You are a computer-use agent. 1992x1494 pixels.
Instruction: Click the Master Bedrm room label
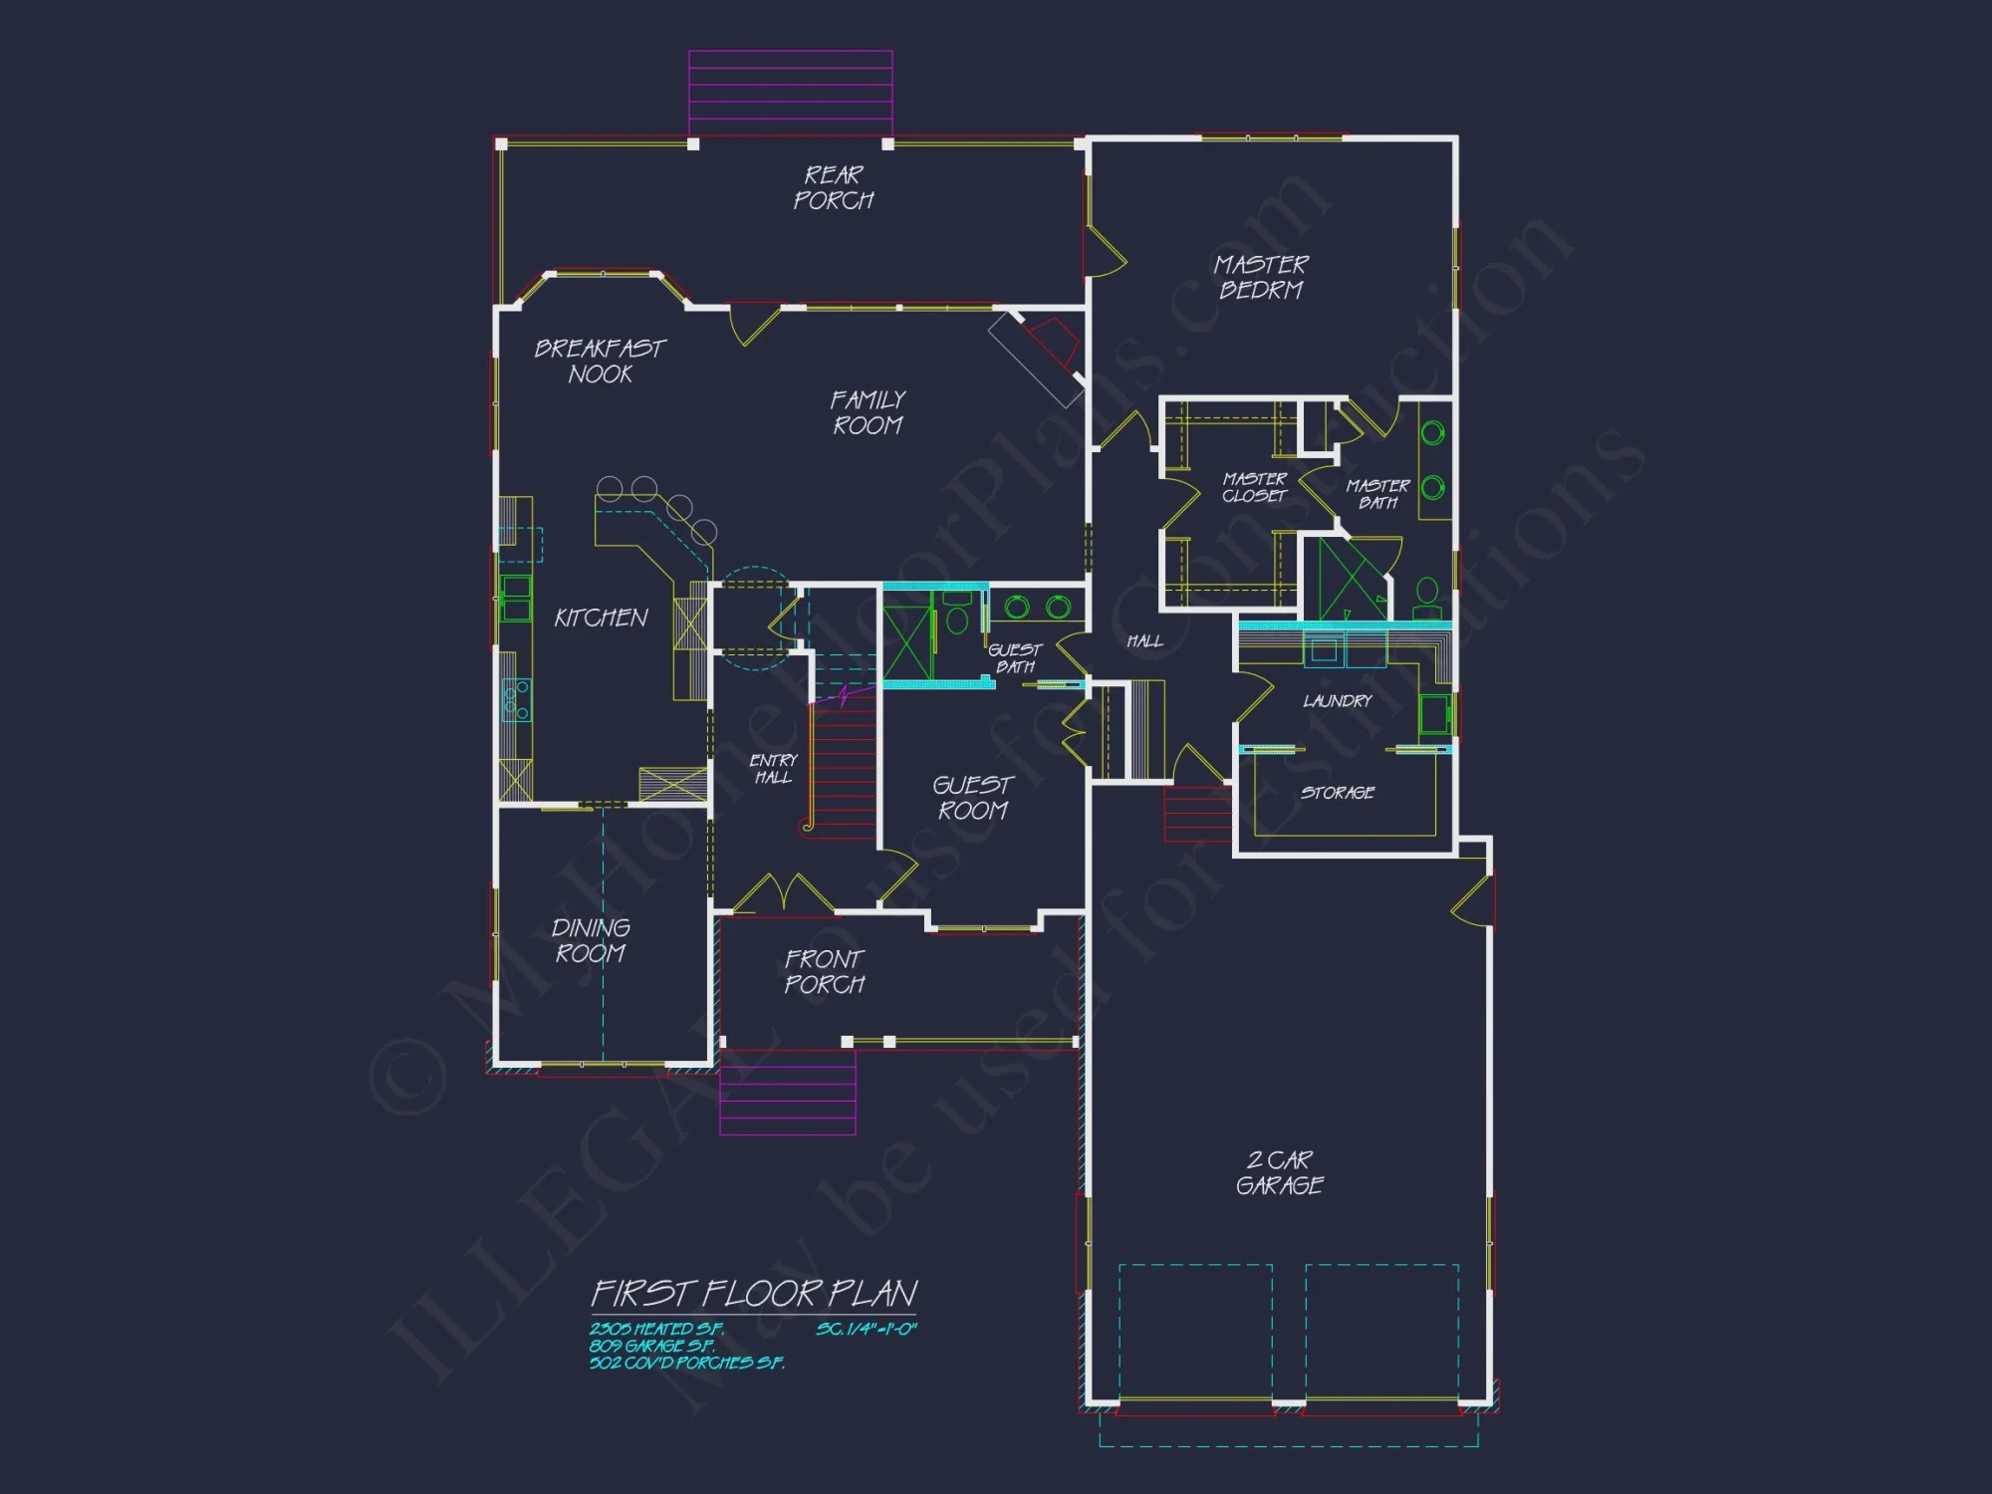[1260, 277]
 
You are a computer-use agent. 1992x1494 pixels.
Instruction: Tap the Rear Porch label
[833, 187]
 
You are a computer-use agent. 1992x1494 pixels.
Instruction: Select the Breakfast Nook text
[600, 361]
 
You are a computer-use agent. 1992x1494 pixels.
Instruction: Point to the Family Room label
[868, 412]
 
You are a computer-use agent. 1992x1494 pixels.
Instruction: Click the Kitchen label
[601, 618]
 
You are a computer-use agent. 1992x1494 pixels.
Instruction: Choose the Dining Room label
[591, 940]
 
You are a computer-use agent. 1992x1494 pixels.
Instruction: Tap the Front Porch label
[825, 971]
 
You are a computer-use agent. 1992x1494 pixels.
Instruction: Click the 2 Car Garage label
[1280, 1172]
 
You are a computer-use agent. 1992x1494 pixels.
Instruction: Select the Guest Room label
[973, 798]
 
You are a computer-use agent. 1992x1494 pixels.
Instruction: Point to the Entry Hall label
[773, 768]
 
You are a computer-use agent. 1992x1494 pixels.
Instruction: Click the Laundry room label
[1337, 701]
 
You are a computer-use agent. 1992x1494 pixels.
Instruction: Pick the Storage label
[1337, 793]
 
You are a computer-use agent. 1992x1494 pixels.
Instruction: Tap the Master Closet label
[1255, 487]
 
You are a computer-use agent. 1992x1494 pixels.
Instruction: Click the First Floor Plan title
[754, 1293]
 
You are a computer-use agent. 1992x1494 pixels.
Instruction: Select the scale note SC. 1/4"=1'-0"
[866, 1329]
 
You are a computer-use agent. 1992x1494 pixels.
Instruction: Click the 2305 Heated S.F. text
[656, 1329]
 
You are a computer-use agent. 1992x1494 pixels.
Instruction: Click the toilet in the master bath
[1427, 598]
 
